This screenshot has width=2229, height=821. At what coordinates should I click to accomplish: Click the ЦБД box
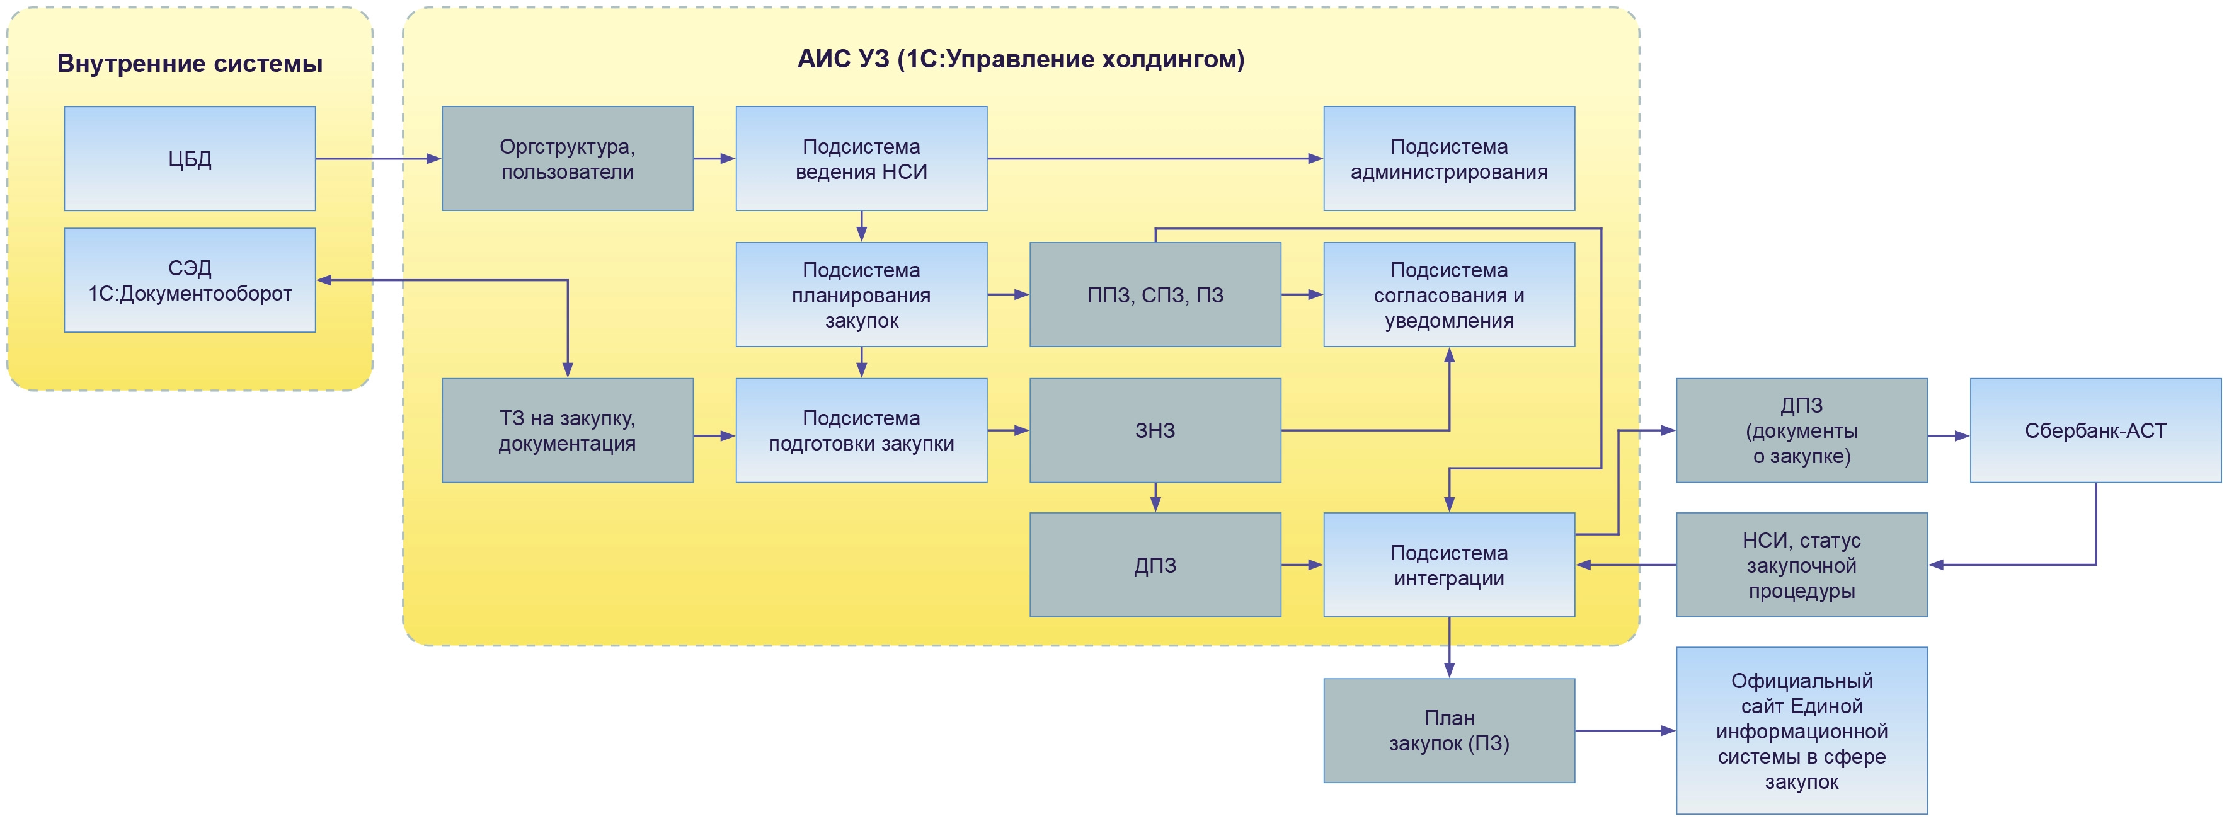[190, 158]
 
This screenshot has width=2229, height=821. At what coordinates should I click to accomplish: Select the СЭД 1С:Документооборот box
[190, 280]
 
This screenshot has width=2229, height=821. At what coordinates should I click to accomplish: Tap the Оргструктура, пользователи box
[567, 158]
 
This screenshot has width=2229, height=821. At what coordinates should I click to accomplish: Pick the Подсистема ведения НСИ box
[861, 158]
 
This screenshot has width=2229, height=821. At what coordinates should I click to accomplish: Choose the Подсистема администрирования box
[1448, 158]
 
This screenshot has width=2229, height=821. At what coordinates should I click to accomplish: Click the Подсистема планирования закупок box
[861, 295]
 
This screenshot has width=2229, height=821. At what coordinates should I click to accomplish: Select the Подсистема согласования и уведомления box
[1448, 295]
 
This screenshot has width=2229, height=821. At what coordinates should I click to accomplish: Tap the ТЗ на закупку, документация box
[567, 430]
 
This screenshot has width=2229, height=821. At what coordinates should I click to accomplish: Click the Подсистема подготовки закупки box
[861, 430]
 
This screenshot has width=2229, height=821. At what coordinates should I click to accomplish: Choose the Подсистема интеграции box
[1448, 565]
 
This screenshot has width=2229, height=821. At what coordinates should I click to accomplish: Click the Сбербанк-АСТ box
[2095, 430]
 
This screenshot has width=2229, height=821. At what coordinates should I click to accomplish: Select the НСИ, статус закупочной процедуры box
[1802, 565]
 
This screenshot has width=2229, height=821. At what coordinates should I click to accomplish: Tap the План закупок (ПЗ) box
[1448, 730]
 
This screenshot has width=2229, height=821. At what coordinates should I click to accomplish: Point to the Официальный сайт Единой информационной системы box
[1802, 730]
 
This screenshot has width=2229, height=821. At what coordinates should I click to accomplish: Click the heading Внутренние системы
[190, 63]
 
